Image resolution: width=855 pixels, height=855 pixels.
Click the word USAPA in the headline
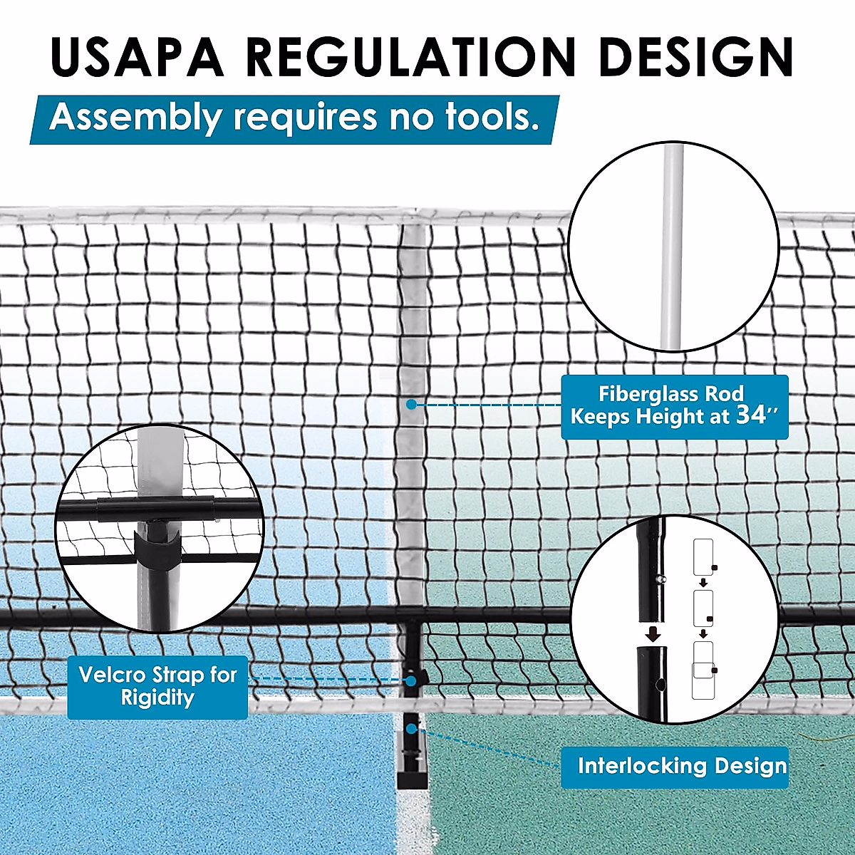click(x=137, y=56)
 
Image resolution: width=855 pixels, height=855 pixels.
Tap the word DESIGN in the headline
click(x=696, y=56)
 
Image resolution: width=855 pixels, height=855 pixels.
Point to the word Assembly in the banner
click(x=135, y=118)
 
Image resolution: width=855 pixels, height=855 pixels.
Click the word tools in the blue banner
click(x=492, y=117)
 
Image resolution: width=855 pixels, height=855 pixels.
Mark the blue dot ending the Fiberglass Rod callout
click(x=411, y=405)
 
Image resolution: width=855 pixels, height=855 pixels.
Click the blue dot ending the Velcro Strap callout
click(x=411, y=681)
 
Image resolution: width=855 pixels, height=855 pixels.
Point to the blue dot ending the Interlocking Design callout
click(x=411, y=729)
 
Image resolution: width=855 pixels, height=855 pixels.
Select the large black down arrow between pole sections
click(x=652, y=633)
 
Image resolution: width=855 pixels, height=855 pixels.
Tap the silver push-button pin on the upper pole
click(x=662, y=579)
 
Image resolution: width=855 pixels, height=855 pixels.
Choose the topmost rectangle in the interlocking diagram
click(x=703, y=556)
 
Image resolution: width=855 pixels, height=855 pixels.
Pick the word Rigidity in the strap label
click(x=157, y=698)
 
